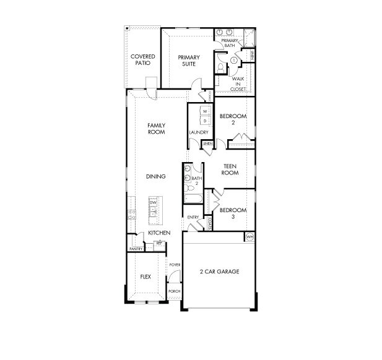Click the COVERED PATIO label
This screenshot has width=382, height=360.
[142, 60]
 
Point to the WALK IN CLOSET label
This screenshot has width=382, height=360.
[238, 84]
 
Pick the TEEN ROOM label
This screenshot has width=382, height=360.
[230, 169]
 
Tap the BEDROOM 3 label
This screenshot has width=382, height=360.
[233, 213]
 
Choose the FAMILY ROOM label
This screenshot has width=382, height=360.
[156, 128]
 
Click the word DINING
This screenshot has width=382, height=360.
[155, 176]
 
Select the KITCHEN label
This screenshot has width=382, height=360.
[158, 233]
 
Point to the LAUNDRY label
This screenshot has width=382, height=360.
[198, 132]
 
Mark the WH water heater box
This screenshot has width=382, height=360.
[250, 237]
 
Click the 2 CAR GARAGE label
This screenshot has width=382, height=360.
[219, 272]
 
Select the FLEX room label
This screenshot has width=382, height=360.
[146, 276]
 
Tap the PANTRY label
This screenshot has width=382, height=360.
[136, 249]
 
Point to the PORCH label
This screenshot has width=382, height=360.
[174, 291]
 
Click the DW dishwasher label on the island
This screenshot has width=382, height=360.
[153, 202]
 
